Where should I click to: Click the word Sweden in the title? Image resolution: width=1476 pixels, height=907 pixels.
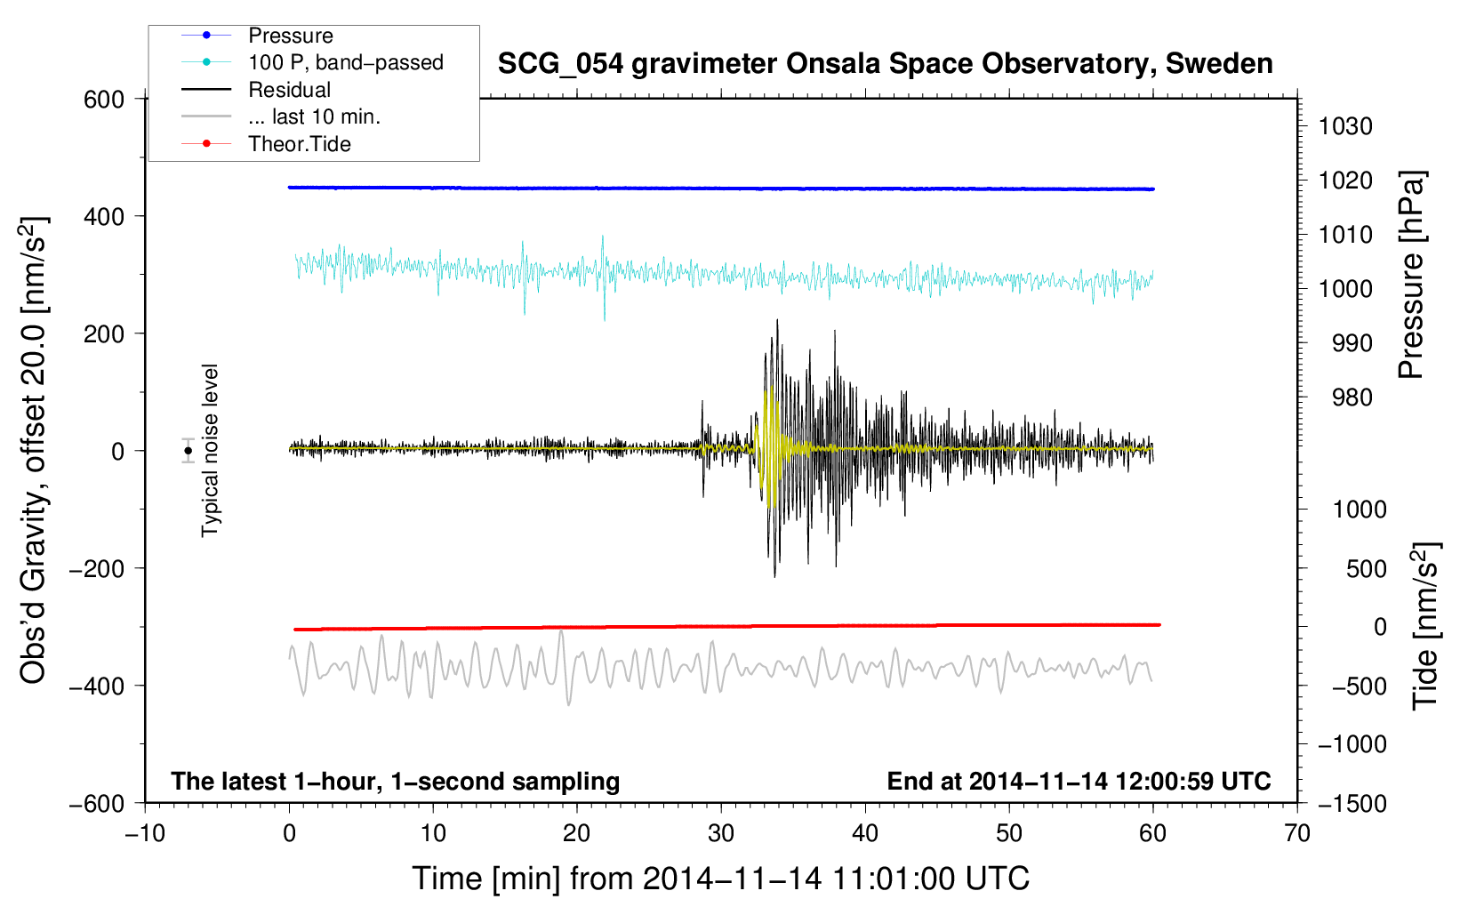tap(1219, 63)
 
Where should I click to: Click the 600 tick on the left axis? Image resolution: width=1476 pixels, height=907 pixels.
tap(103, 100)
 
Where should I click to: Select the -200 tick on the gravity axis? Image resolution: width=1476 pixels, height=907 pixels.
tap(96, 568)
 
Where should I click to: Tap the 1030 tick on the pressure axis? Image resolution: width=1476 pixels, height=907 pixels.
tap(1345, 126)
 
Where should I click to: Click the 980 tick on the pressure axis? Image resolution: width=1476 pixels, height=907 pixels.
tap(1352, 397)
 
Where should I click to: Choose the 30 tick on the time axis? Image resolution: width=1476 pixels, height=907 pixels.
tap(721, 834)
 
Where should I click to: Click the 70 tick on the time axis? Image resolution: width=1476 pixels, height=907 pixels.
tap(1296, 834)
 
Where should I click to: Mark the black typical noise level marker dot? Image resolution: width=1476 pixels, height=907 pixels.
tap(188, 451)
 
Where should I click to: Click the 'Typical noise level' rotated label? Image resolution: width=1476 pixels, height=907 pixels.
tap(210, 451)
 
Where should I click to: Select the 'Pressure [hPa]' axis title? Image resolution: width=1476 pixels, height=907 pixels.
tap(1411, 275)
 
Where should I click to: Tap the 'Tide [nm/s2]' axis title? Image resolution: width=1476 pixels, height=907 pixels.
tap(1425, 627)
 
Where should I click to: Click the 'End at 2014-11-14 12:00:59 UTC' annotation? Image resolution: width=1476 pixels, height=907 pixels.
tap(1079, 781)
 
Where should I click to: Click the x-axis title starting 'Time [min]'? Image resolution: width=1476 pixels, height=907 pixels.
tap(720, 879)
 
